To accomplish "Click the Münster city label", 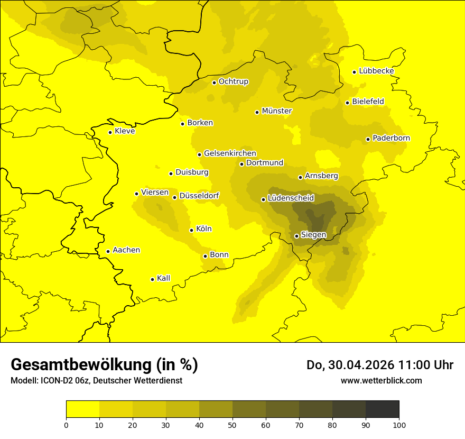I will coord(277,111).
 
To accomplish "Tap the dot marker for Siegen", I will coord(296,236).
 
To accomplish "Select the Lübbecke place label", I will coord(376,71).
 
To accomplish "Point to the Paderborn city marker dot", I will coord(368,139).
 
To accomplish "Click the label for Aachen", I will coord(126,250).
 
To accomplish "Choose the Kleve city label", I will coord(125,131).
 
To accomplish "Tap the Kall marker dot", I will coord(152,279).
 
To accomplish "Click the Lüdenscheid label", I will coord(291,198).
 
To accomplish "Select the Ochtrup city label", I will coord(233,81).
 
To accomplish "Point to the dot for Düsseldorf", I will coord(174,197).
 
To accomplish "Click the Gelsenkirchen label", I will coord(230,153).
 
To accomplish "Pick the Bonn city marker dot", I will coord(205,256).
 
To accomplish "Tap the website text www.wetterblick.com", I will coord(381,381).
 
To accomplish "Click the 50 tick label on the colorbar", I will coord(232,425).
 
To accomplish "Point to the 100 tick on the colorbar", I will coord(399,425).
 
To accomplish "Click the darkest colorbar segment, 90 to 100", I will coord(382,409).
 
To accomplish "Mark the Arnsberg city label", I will coord(321,176).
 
